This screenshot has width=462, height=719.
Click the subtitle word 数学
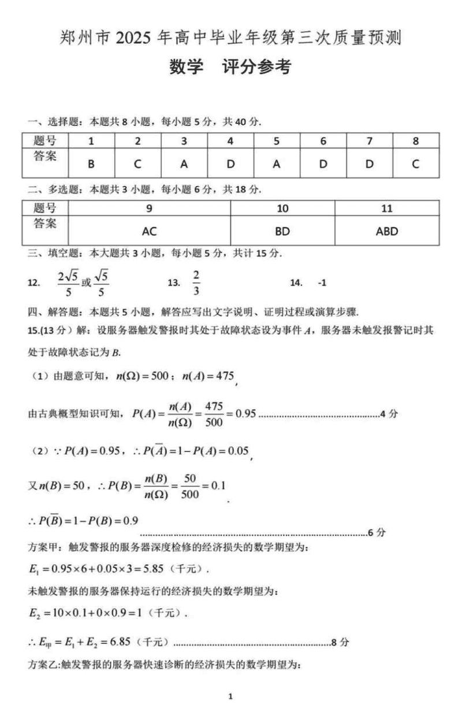(187, 67)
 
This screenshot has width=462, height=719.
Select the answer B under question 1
(91, 164)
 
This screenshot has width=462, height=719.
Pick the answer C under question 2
(137, 164)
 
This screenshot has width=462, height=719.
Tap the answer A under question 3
(184, 164)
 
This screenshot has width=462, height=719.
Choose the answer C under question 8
(415, 164)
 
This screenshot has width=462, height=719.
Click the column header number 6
(323, 141)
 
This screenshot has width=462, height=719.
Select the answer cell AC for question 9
(149, 231)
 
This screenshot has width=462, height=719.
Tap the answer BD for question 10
(282, 231)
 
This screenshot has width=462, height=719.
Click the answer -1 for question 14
(322, 283)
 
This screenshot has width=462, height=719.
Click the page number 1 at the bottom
(230, 697)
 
